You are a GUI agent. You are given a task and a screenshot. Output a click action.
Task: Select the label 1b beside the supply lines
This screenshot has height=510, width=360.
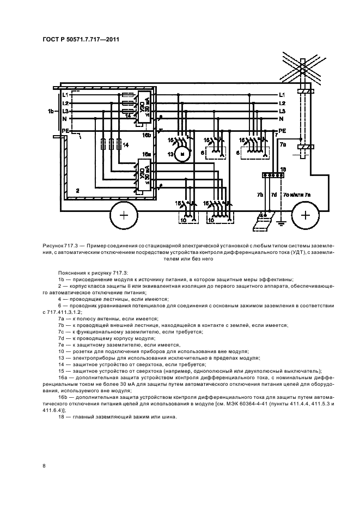coord(51,111)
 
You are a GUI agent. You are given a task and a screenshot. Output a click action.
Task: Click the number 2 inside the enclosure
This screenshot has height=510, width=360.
coord(77,191)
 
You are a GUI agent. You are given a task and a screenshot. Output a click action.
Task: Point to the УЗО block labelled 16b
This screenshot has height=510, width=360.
coord(143,109)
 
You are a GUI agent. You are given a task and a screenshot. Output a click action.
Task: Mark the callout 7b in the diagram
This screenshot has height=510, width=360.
coord(260,195)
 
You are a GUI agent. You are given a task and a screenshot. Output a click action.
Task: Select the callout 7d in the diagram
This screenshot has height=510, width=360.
coord(274,195)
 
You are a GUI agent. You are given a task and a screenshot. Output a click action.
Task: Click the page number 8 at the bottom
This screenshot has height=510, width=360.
coord(44,465)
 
